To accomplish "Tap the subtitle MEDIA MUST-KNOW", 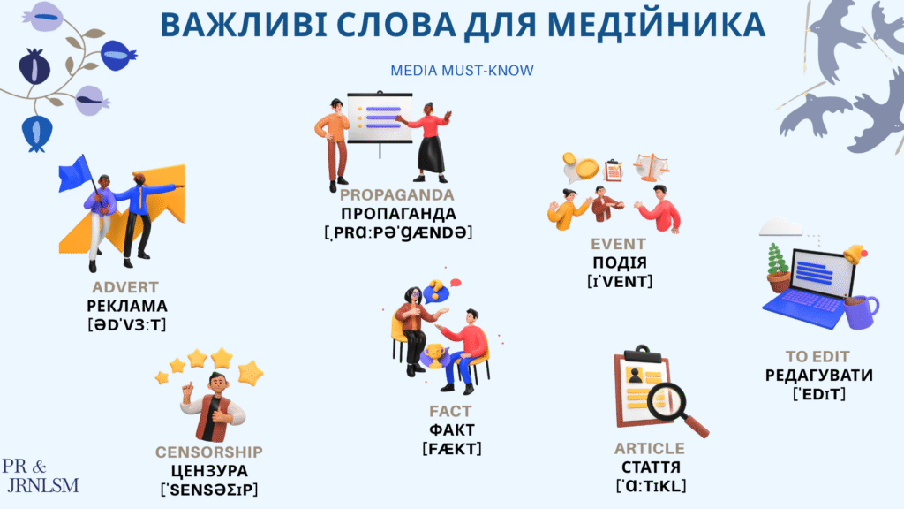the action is [x=462, y=71].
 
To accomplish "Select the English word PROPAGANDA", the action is [x=396, y=194].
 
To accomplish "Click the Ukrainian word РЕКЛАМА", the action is [x=127, y=306].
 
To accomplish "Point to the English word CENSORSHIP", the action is [x=208, y=452].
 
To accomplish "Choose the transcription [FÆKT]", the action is [x=451, y=448].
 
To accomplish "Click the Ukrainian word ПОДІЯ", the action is [x=620, y=262].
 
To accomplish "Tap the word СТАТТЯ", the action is [x=651, y=467].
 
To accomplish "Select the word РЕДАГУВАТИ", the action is [x=818, y=375].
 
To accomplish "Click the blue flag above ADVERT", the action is [x=75, y=173].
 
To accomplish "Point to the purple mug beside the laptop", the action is [x=862, y=312].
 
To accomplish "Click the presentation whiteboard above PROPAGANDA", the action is [x=380, y=118].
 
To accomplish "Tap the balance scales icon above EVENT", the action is [x=652, y=167].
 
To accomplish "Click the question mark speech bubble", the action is [x=436, y=290].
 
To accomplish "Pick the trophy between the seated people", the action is [x=433, y=355].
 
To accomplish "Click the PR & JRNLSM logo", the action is [x=41, y=476].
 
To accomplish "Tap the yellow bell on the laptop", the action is [x=855, y=254].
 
